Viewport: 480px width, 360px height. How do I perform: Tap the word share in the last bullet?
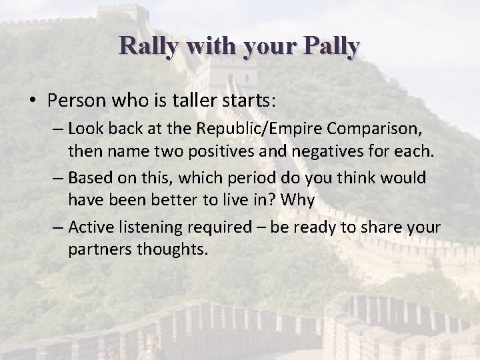[381, 227]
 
